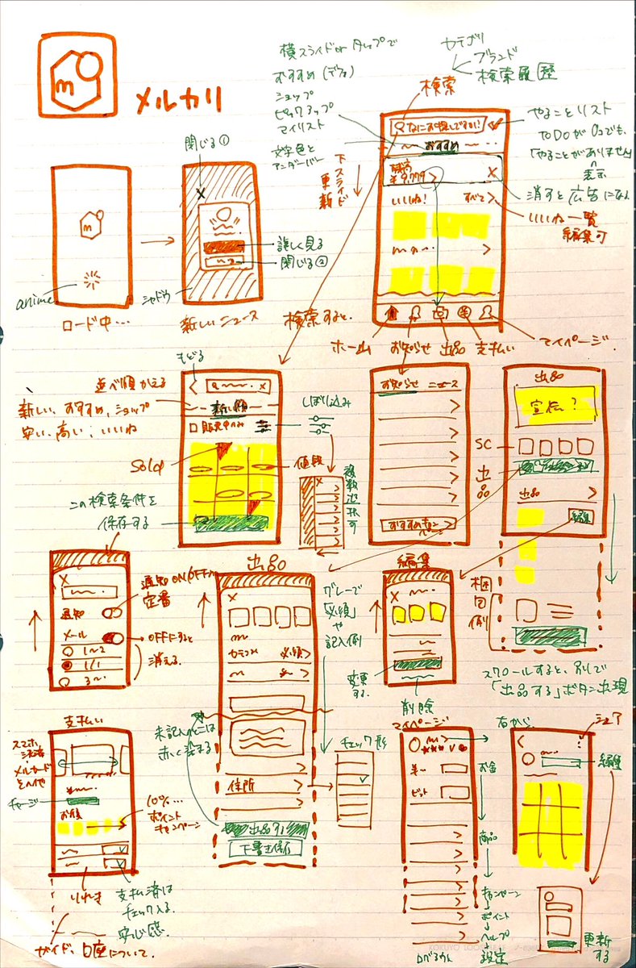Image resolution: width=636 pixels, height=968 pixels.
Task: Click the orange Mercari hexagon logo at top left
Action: pyautogui.click(x=77, y=74)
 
